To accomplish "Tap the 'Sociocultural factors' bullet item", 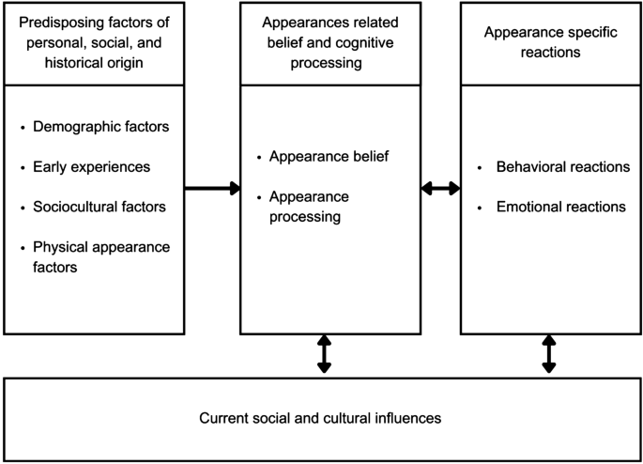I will (100, 206).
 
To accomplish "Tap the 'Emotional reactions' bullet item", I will (561, 206).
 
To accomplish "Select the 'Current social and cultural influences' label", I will (321, 415).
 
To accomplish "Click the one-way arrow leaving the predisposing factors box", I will (212, 188).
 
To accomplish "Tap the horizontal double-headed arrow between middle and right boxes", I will (440, 188).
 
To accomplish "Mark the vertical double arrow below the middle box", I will (324, 353).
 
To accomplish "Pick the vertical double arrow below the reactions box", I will (549, 353).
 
